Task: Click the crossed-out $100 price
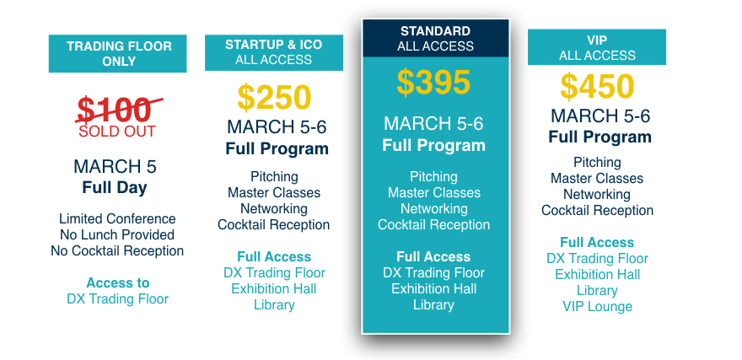(x=118, y=110)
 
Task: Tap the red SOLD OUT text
(x=117, y=131)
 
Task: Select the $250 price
(x=275, y=97)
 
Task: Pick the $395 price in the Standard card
(x=433, y=83)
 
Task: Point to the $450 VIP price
(x=597, y=86)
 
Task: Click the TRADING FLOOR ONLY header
(x=118, y=53)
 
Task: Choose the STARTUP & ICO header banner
(x=274, y=52)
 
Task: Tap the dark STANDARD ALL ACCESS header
(x=436, y=38)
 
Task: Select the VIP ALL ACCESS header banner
(x=597, y=47)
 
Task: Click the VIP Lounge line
(x=597, y=307)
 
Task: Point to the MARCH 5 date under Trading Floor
(x=115, y=167)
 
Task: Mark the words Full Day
(x=115, y=187)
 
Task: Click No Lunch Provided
(x=117, y=234)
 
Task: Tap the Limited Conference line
(x=117, y=219)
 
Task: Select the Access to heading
(x=118, y=283)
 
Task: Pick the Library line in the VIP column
(x=597, y=291)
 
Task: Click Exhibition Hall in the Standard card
(x=433, y=288)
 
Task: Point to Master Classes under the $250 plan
(x=274, y=192)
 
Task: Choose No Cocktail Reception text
(x=117, y=250)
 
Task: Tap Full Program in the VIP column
(x=600, y=137)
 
